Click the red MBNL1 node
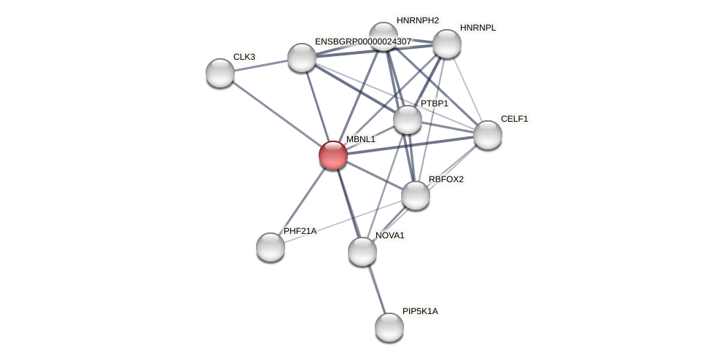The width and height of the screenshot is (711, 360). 333,155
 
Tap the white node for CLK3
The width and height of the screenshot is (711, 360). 220,73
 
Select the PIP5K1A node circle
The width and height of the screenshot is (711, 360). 389,326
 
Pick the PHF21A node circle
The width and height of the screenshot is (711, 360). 271,247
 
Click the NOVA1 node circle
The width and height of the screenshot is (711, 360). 362,251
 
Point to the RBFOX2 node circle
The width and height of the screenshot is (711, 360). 416,195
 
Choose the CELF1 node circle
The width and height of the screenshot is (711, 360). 488,135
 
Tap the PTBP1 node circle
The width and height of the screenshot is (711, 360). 408,120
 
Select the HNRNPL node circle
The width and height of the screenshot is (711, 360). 447,44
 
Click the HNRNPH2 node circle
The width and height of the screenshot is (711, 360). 383,36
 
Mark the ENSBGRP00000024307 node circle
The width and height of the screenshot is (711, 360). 302,58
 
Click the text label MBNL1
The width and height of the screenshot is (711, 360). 360,139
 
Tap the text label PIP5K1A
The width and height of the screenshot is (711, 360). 420,311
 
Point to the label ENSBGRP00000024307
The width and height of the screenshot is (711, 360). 362,42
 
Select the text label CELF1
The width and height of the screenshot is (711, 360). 514,119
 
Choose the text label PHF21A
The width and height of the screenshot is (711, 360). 300,231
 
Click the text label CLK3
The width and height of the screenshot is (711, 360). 244,57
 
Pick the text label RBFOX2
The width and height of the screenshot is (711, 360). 446,179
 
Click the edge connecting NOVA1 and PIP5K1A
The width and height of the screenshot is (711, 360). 376,289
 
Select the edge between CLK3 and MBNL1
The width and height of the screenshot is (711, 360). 277,114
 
